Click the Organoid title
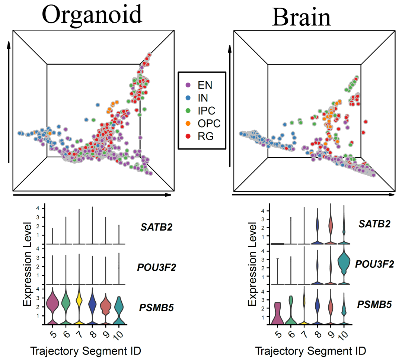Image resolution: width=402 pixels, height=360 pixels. [x=92, y=15]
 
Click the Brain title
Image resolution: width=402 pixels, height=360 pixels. [x=301, y=17]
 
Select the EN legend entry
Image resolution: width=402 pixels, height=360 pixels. [x=205, y=85]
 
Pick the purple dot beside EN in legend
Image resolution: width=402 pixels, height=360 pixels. [x=188, y=85]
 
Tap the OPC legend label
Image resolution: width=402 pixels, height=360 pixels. [x=210, y=123]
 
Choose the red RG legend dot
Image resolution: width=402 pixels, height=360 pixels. [x=188, y=136]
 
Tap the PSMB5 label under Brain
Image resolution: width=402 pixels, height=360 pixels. [x=374, y=305]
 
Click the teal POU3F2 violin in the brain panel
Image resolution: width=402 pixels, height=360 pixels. [x=345, y=263]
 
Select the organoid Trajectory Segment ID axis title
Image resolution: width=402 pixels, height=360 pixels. [x=85, y=351]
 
